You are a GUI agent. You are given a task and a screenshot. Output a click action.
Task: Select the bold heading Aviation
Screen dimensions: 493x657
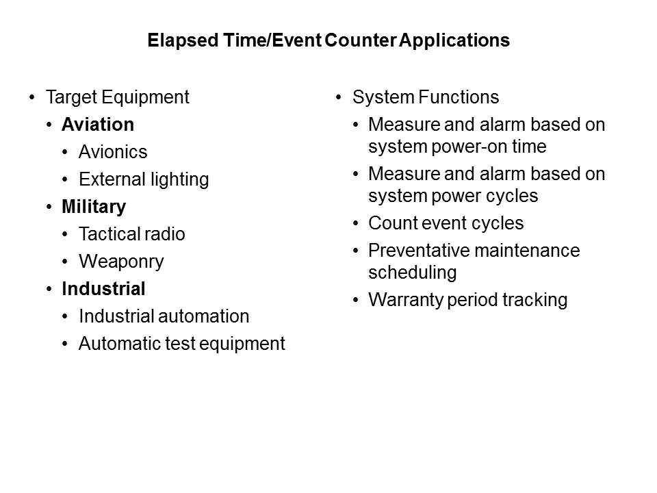(97, 125)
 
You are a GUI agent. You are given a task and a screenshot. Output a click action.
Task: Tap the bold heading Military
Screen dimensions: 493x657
(94, 207)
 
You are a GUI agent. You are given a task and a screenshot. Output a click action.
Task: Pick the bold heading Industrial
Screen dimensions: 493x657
(103, 289)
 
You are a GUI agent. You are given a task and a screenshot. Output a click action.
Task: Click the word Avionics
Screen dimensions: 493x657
(113, 152)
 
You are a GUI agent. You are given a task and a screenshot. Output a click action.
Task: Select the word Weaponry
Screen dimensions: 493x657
(121, 262)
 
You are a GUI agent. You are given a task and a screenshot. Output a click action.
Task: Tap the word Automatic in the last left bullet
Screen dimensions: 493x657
(114, 344)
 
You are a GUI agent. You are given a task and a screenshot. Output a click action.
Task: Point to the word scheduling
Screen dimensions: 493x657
(412, 273)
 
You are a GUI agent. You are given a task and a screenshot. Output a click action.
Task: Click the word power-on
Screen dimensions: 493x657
(479, 147)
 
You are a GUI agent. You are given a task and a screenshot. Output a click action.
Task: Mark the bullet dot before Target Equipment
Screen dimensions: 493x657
(32, 98)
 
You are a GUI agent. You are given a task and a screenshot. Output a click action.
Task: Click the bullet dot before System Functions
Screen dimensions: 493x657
(339, 98)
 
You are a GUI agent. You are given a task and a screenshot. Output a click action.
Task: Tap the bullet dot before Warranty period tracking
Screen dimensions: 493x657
(355, 301)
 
